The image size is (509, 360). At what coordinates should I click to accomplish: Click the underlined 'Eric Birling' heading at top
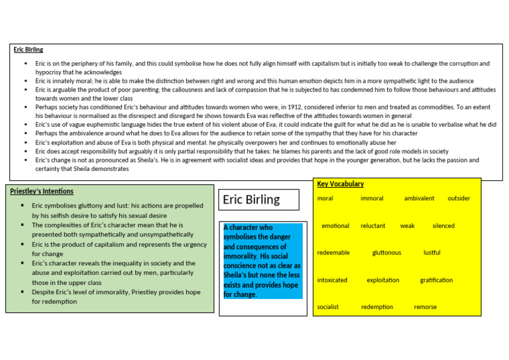coord(28,49)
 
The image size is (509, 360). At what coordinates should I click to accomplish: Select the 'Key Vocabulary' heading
coord(340,184)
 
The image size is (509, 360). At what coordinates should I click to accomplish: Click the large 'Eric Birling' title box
coord(251,200)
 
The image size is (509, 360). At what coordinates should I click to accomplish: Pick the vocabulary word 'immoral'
coord(372,198)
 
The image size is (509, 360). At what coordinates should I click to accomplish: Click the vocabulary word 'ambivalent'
coord(419,198)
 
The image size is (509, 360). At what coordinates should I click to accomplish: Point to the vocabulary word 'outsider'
coord(459,198)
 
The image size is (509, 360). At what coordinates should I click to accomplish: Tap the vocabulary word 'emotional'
coord(335,225)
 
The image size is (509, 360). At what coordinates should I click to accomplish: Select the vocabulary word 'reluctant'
coord(372,225)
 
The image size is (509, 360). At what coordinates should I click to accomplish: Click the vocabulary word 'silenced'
coord(443,225)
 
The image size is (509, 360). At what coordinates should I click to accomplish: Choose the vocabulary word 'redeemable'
coord(333,253)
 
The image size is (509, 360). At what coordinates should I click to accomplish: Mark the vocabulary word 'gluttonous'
coord(386,253)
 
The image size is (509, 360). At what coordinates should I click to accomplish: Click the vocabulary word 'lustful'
coord(431,253)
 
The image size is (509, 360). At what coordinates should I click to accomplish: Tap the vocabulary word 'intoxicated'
coord(332,280)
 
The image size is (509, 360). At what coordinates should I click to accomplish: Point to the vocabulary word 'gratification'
coord(436,280)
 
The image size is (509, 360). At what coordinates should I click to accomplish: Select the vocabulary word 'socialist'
coord(328,307)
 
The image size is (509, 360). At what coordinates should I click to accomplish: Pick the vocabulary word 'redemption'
coord(376,307)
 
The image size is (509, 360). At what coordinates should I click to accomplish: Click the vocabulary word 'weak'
coord(407,225)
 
